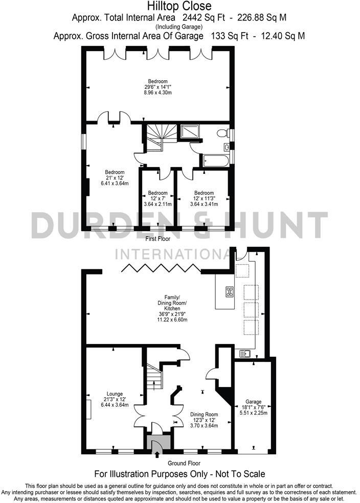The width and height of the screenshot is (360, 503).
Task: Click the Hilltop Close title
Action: (179, 6)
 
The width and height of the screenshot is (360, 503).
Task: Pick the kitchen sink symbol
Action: (243, 353)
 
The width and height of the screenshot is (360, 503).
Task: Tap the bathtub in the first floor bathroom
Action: (215, 161)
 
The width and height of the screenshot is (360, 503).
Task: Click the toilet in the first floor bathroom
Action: (222, 133)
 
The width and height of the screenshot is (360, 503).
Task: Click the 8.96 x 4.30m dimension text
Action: (157, 93)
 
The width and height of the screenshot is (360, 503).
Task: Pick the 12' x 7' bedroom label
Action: (157, 198)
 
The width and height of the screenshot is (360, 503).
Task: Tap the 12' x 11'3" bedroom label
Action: (204, 198)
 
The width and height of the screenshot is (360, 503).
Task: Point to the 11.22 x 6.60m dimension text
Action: (172, 319)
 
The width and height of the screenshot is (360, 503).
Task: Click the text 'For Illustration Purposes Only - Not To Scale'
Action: (179, 474)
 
